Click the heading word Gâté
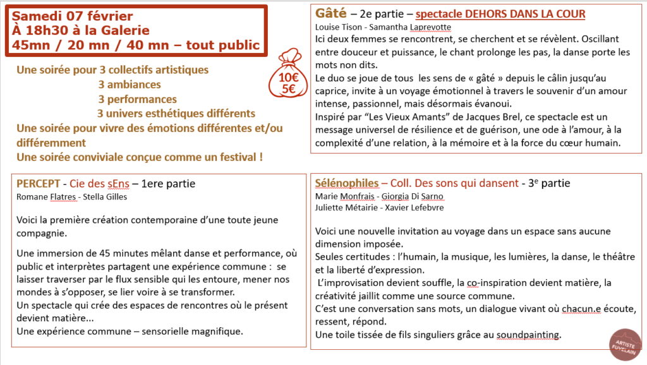pyautogui.click(x=329, y=13)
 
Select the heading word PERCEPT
pyautogui.click(x=37, y=183)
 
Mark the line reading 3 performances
pyautogui.click(x=137, y=99)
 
